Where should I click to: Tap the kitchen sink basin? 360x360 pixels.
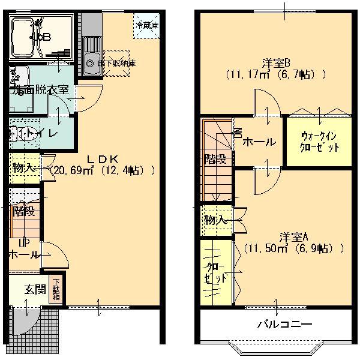[x=92, y=62]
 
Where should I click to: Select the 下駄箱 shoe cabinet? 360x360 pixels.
[x=56, y=289]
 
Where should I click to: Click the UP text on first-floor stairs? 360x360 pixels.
[x=24, y=243]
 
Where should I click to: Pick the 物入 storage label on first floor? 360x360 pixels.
[x=23, y=168]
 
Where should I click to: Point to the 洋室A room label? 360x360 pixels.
[x=293, y=235]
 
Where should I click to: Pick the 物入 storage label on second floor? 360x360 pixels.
[x=215, y=220]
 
